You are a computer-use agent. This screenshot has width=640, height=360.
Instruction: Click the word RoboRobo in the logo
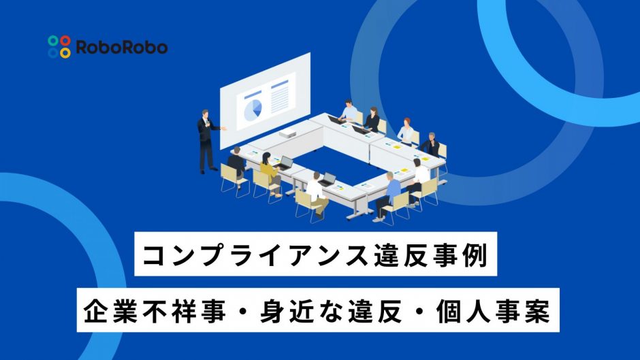[122, 48]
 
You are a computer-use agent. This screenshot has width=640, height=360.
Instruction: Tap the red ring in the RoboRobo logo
[65, 40]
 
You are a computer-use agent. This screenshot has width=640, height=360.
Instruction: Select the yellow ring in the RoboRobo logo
[65, 52]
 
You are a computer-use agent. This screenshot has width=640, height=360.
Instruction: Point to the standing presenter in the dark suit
[208, 141]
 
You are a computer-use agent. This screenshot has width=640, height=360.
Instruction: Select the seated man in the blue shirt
[388, 196]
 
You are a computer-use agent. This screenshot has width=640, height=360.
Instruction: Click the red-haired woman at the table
[406, 131]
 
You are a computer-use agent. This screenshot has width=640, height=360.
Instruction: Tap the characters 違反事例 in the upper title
[431, 255]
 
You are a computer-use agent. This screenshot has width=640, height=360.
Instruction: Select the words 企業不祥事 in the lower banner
[155, 311]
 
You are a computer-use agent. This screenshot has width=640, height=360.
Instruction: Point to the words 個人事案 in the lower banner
[493, 311]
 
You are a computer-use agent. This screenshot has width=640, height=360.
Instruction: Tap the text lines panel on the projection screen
[280, 97]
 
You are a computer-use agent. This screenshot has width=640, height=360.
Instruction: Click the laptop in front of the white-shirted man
[327, 180]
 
